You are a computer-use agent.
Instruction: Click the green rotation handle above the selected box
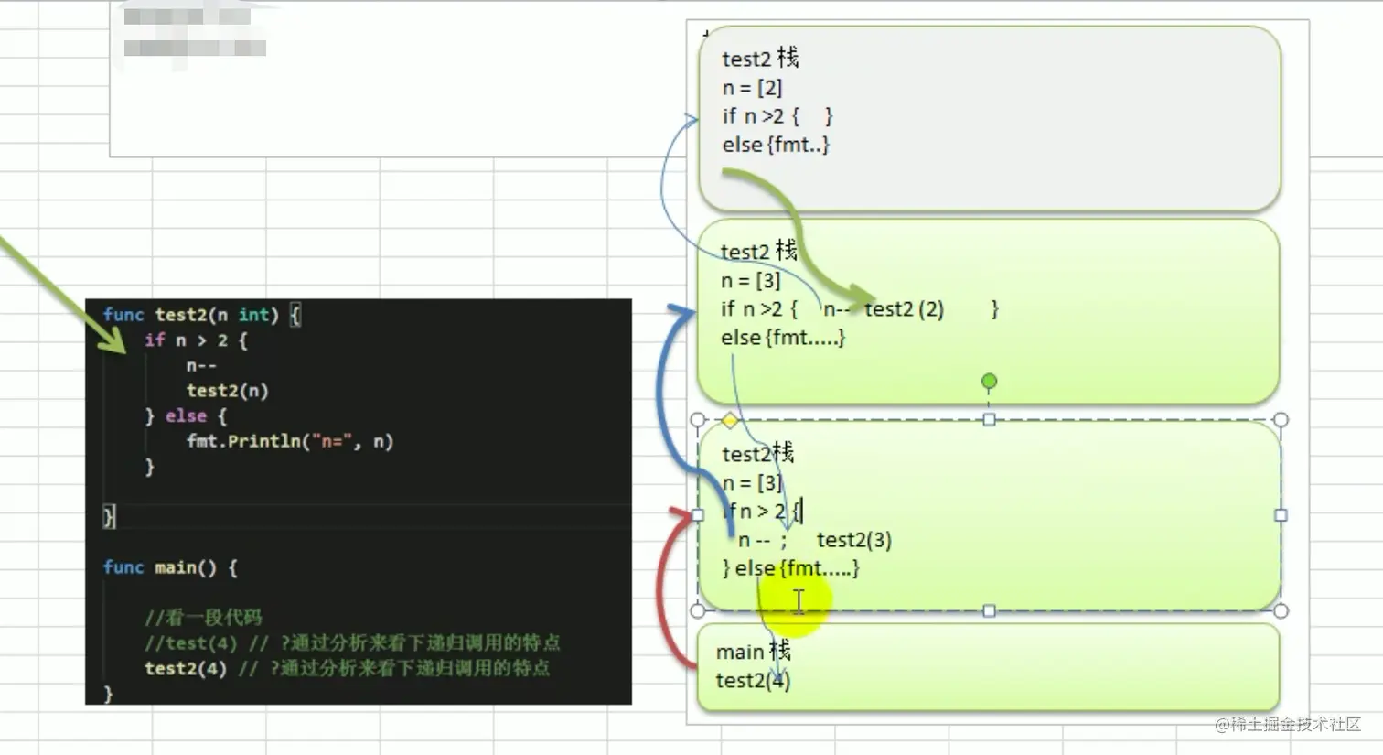[x=989, y=381]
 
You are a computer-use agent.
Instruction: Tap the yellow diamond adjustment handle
[x=729, y=421]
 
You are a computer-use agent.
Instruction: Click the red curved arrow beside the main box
[x=666, y=586]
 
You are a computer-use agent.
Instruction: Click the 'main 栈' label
[x=753, y=652]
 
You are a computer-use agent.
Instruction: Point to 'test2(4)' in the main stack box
[x=753, y=680]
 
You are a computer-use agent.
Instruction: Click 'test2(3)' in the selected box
[x=853, y=540]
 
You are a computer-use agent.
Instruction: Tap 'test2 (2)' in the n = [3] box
[x=904, y=309]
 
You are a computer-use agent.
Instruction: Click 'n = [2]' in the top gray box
[x=752, y=88]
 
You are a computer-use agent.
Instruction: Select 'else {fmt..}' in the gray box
[x=775, y=145]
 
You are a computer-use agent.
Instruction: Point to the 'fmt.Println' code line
[x=289, y=441]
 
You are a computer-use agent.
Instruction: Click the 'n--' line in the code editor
[x=201, y=366]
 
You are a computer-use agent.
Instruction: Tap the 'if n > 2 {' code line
[x=196, y=340]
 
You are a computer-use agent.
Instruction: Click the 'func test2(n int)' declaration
[x=201, y=315]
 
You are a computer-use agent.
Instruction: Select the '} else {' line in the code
[x=186, y=416]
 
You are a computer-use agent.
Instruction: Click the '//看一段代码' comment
[x=203, y=617]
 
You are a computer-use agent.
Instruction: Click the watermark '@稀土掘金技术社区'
[x=1288, y=724]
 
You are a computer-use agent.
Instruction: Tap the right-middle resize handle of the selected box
[x=1281, y=515]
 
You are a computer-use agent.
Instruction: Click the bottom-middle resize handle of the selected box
[x=989, y=610]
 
